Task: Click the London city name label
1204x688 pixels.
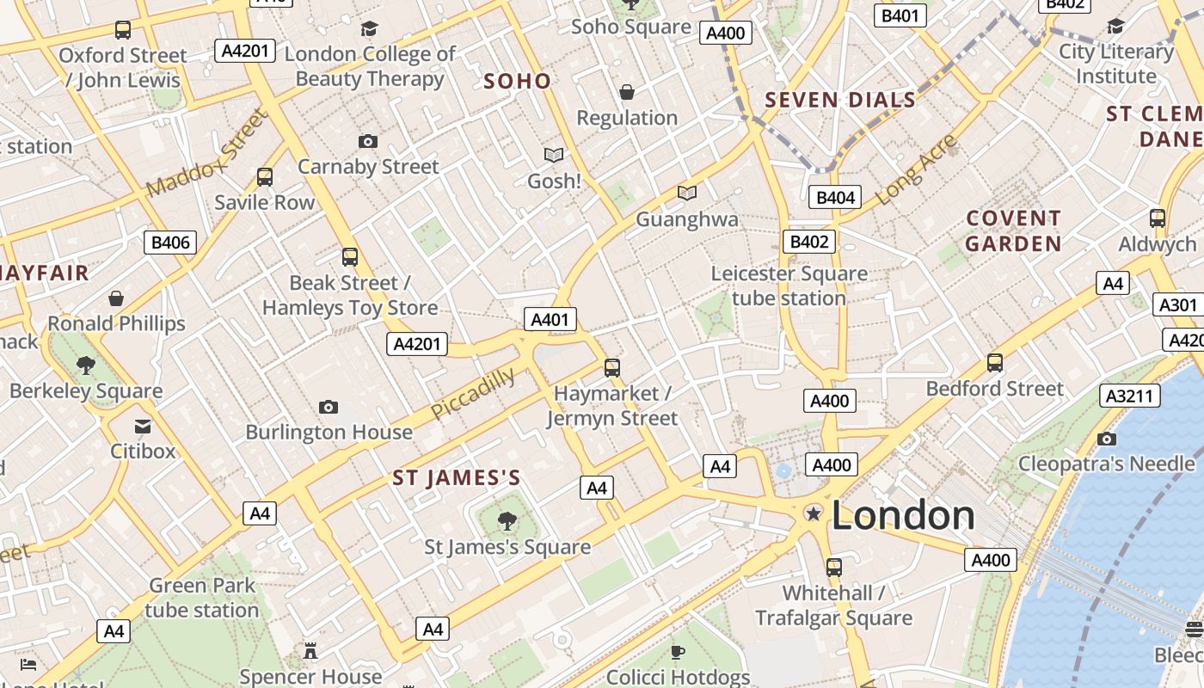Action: [903, 515]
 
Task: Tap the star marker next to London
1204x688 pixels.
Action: [813, 513]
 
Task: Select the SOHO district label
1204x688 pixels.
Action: [517, 82]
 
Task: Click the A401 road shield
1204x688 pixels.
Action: [550, 320]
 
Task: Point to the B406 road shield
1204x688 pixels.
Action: [170, 243]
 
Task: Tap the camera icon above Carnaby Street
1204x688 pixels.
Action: [368, 141]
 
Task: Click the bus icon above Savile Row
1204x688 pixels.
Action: [265, 177]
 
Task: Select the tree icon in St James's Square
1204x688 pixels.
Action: [507, 519]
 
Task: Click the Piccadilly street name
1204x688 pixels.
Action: [473, 394]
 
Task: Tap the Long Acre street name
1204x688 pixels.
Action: [916, 170]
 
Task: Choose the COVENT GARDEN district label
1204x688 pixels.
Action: [1013, 231]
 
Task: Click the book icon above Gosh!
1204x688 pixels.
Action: [554, 155]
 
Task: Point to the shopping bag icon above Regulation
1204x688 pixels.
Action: [627, 92]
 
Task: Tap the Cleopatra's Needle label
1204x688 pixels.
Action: [1106, 464]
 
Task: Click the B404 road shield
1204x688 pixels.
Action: [835, 198]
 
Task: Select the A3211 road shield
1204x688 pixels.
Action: [1130, 396]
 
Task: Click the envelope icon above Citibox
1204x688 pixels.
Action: [143, 426]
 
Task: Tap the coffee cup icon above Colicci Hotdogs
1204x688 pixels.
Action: [678, 651]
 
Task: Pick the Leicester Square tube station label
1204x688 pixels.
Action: [789, 286]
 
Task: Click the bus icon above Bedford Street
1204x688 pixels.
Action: [995, 362]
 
